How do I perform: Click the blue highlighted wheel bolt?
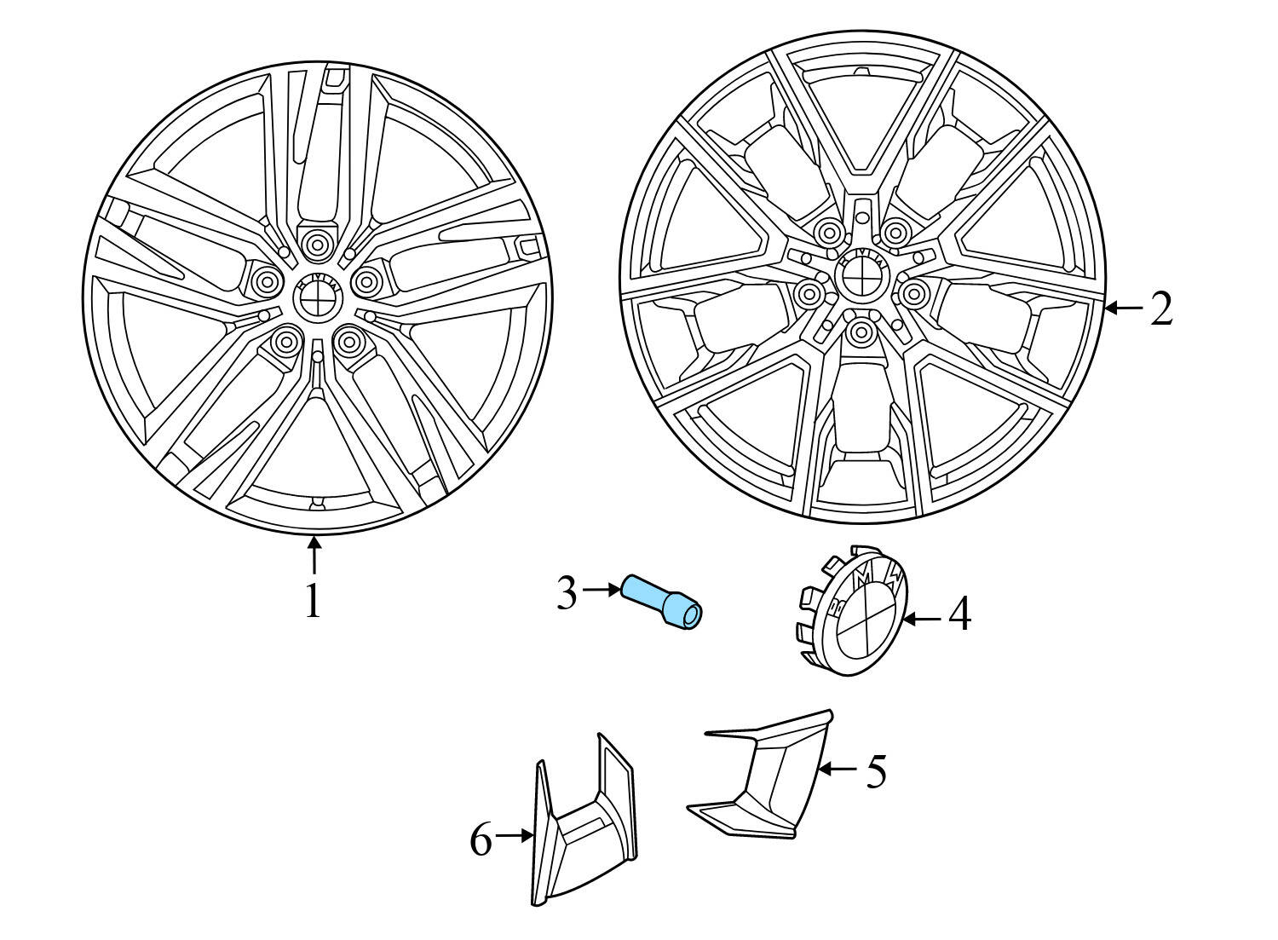(x=662, y=603)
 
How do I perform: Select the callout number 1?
(x=314, y=602)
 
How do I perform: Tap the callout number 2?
(x=1161, y=309)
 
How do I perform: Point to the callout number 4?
(x=959, y=614)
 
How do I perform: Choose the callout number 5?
(x=877, y=771)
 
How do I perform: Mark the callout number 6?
(x=481, y=841)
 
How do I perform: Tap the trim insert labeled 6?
(x=584, y=822)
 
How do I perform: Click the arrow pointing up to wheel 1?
(x=314, y=554)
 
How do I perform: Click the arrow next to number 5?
(x=838, y=769)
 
